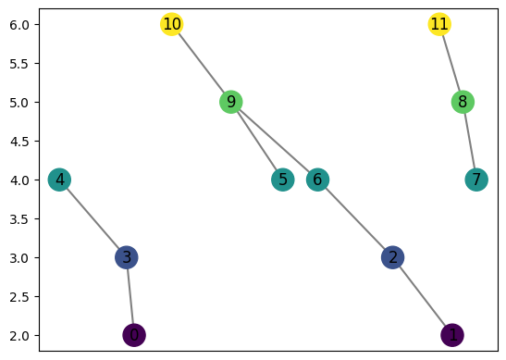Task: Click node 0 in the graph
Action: (x=134, y=335)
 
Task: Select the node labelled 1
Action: (x=452, y=335)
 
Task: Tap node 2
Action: (x=393, y=257)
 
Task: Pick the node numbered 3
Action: (x=127, y=257)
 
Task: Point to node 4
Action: (x=60, y=180)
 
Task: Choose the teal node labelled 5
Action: (x=283, y=180)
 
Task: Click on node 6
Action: (x=317, y=180)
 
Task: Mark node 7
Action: (x=476, y=180)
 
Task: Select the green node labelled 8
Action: (x=463, y=102)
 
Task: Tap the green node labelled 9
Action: (x=231, y=102)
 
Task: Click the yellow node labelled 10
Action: (x=171, y=24)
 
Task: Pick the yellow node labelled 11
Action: (x=439, y=24)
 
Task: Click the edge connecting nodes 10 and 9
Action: (x=202, y=63)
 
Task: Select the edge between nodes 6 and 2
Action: (x=355, y=218)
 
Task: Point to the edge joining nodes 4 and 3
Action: (x=93, y=218)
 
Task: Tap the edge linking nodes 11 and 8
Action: (x=451, y=63)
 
